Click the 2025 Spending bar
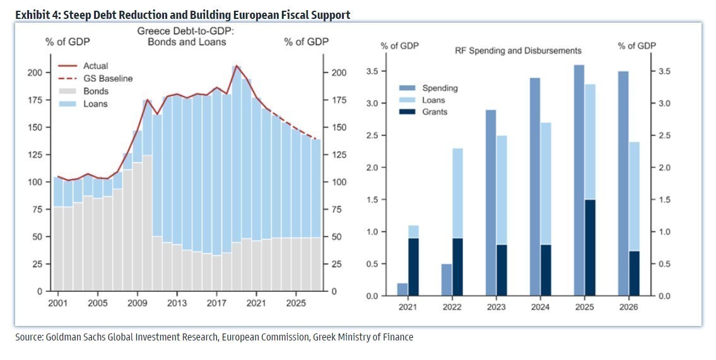(x=579, y=180)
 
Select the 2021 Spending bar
(x=402, y=289)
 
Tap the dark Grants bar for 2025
(x=590, y=248)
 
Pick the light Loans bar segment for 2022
(x=457, y=193)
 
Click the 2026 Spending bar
(x=623, y=183)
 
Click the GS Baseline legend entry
(x=95, y=78)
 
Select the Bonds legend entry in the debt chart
(x=83, y=91)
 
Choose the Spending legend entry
(x=428, y=88)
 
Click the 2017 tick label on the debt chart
(x=216, y=303)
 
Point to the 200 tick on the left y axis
(x=35, y=73)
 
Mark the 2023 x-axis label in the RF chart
(x=496, y=307)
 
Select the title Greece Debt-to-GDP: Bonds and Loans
(x=186, y=37)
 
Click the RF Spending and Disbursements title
(x=518, y=50)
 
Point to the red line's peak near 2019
(x=236, y=66)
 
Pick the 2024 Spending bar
(x=535, y=187)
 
